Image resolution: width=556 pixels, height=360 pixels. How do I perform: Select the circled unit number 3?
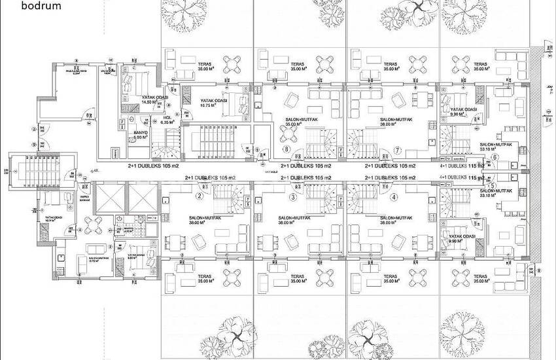(x=293, y=196)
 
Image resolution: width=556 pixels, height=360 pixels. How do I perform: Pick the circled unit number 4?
(x=393, y=196)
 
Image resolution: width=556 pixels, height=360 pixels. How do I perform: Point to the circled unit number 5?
(x=492, y=186)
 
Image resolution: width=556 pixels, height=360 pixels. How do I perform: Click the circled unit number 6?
(x=495, y=157)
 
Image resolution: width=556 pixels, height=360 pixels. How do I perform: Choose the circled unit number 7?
(x=398, y=150)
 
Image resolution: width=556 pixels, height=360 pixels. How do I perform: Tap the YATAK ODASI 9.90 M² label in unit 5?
(x=462, y=239)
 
